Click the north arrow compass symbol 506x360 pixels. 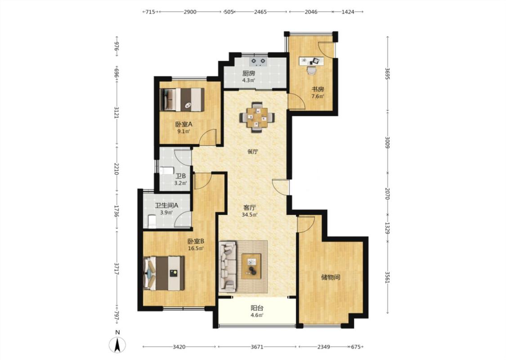coord(117,345)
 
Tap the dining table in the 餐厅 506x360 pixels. coord(257,117)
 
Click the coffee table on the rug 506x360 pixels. coord(251,266)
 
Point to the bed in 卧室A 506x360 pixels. coord(182,99)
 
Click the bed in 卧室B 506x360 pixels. coord(164,273)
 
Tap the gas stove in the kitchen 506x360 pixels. coord(258,61)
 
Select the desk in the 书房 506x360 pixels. coord(311,61)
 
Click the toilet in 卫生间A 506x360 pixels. coord(152,221)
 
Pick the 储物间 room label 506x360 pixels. coord(331,277)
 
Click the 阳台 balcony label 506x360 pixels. coord(257,308)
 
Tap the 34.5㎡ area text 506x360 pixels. coord(249,215)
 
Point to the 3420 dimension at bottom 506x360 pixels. coord(179,347)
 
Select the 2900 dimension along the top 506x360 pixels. coord(190,12)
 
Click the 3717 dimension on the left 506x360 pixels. coord(116,268)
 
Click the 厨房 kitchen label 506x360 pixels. coord(248,74)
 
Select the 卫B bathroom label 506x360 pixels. coord(181,176)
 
